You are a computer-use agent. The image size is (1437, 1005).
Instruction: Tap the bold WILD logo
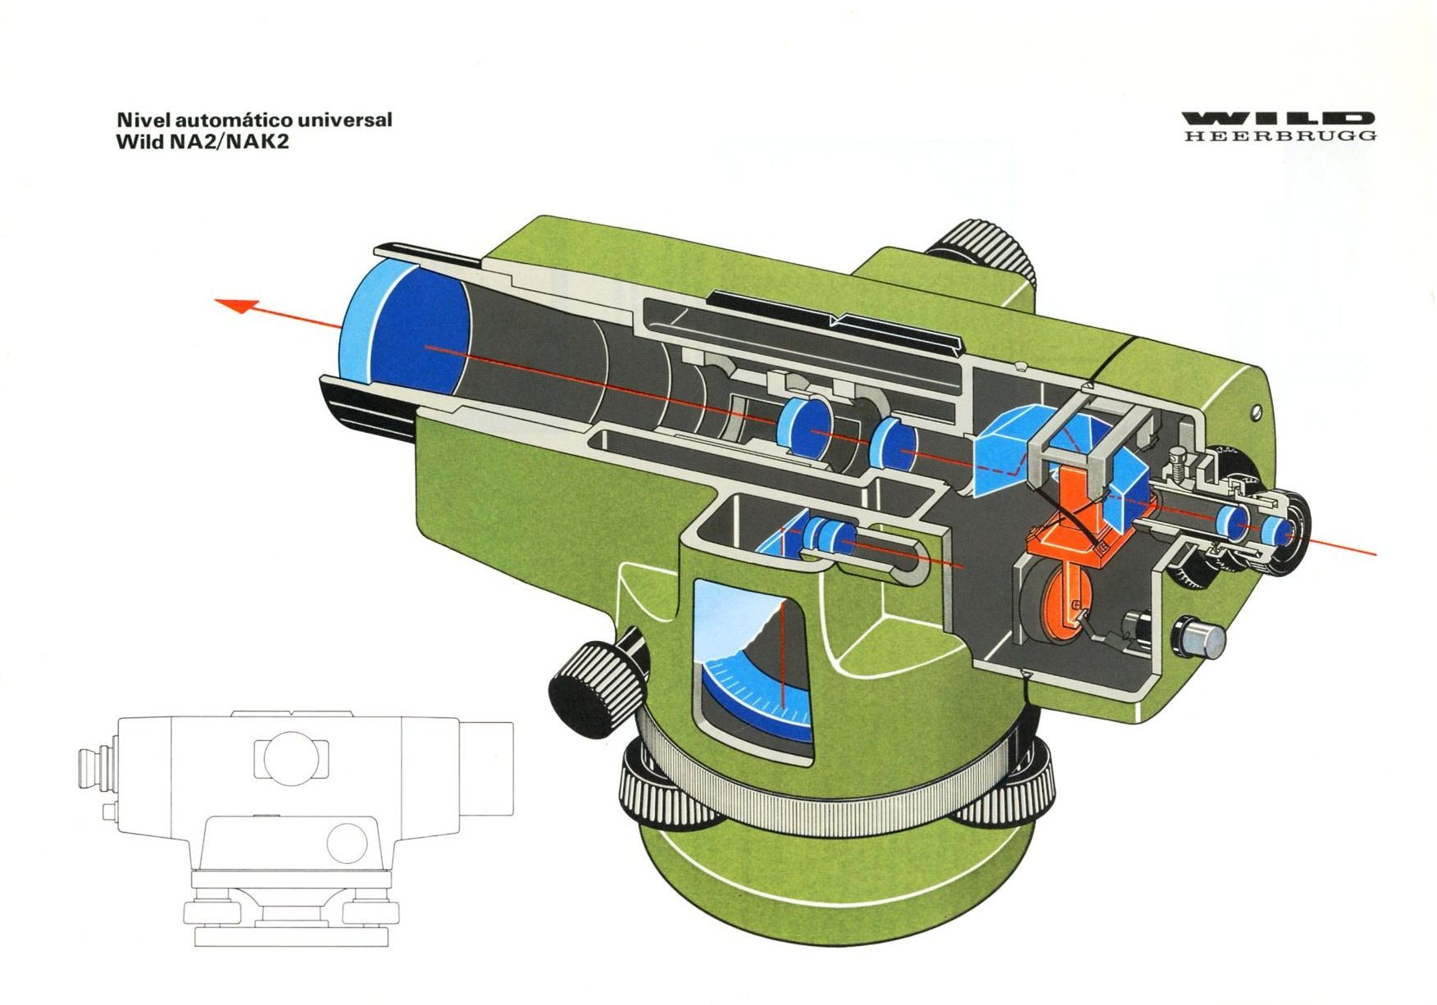coord(1279,118)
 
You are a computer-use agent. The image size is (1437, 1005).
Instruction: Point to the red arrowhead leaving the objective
coord(237,306)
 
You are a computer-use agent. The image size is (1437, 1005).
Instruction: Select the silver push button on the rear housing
coord(1199,636)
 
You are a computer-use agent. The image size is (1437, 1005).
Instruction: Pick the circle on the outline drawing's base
coord(347,842)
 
